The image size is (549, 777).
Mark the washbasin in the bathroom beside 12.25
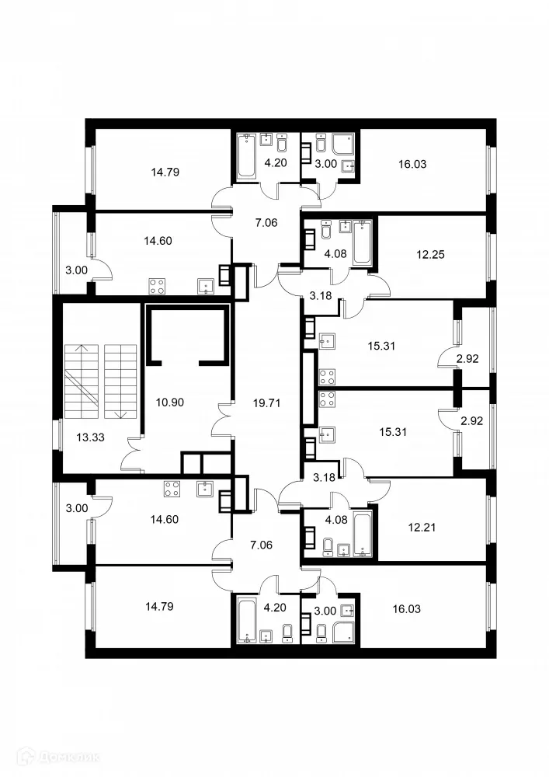coord(342,226)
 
